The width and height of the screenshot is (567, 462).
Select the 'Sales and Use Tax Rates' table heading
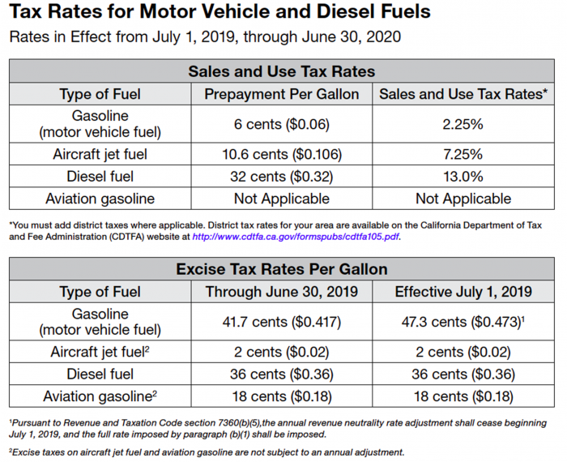pos(281,71)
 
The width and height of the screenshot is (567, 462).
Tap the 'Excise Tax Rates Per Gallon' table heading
pos(281,268)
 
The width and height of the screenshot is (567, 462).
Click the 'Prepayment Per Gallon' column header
pos(281,94)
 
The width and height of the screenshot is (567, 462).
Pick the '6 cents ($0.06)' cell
pos(281,124)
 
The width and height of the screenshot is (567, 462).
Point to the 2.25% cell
pos(463,124)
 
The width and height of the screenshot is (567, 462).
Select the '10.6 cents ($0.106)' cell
pos(281,154)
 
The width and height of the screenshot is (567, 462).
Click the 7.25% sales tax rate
pos(463,154)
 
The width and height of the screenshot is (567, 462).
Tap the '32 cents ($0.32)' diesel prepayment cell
pos(281,176)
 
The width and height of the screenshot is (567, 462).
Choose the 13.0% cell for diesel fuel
pos(463,176)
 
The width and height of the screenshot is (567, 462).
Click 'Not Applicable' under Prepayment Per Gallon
pos(281,198)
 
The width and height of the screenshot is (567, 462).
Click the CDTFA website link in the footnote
pos(295,237)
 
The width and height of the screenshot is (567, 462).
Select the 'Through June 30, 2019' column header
pos(281,292)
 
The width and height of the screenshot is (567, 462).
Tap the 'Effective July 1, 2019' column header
pos(463,292)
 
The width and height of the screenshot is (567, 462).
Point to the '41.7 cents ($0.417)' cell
pos(281,322)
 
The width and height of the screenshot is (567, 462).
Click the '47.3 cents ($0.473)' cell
pos(461,322)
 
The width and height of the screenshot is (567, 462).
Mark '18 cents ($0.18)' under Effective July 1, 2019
pos(463,396)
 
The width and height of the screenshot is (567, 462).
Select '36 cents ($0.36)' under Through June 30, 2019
pos(281,374)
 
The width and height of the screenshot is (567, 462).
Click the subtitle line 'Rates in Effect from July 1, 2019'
pos(204,37)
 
